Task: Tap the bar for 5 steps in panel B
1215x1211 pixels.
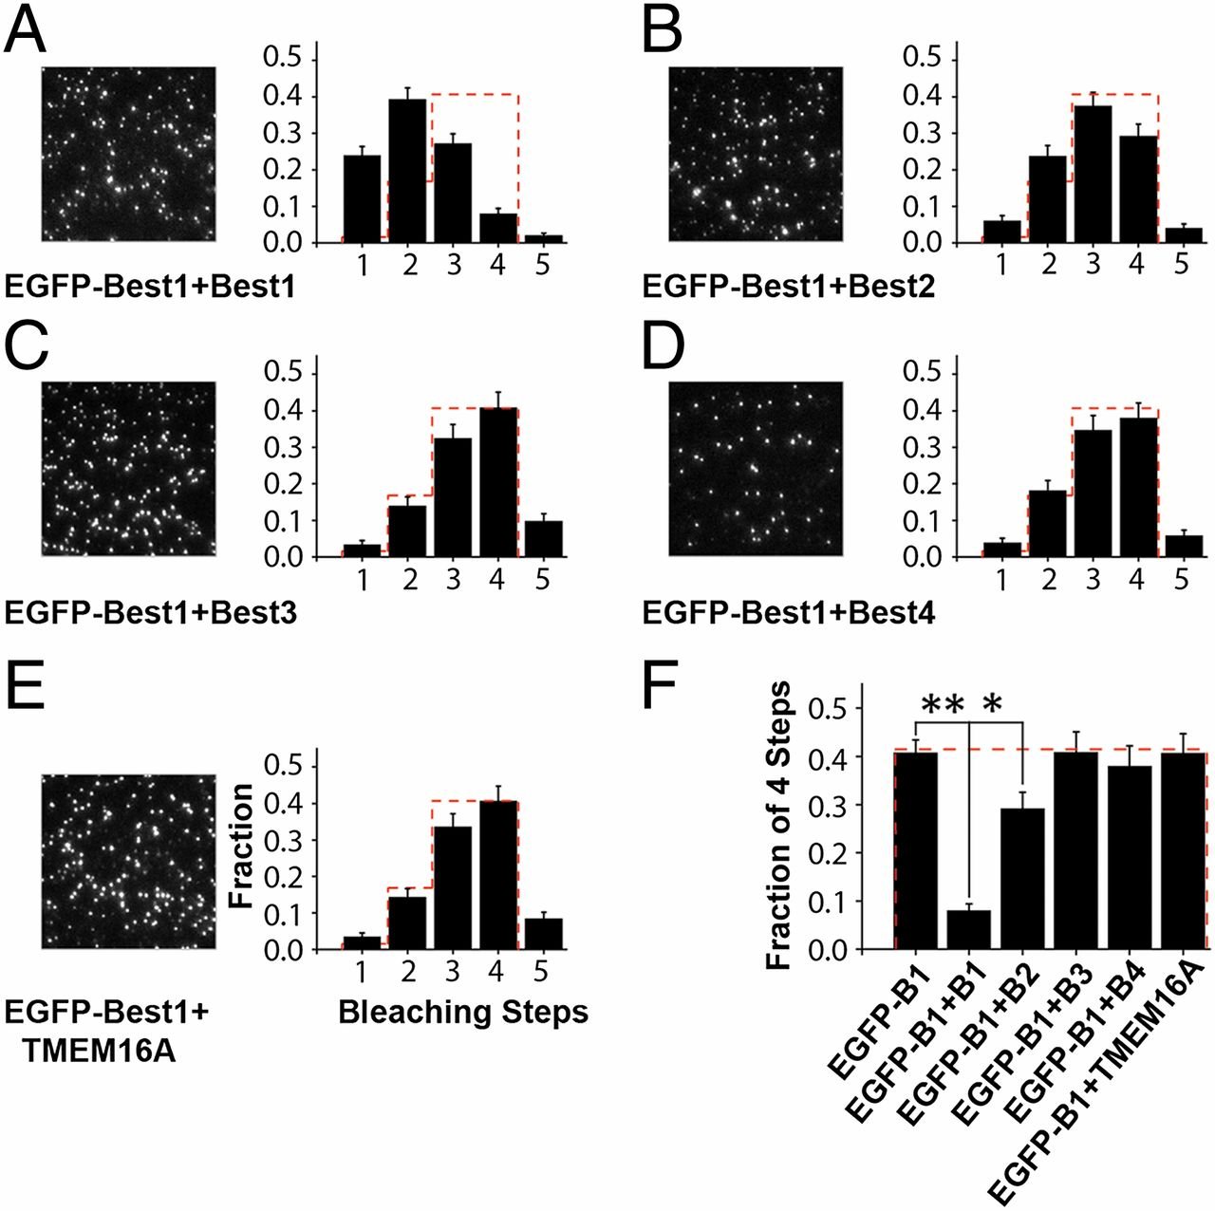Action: (x=1181, y=235)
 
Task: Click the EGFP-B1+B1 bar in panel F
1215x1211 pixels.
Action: (x=968, y=930)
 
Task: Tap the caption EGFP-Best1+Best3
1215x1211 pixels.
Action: (x=151, y=614)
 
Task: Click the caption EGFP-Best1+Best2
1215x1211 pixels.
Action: (x=789, y=287)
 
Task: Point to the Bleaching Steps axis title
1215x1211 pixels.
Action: (x=463, y=1013)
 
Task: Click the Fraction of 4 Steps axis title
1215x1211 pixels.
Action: (x=778, y=825)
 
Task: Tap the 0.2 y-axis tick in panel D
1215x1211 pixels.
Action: (x=919, y=484)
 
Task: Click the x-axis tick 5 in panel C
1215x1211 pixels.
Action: (x=542, y=579)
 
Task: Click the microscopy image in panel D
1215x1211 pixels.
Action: (x=756, y=469)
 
